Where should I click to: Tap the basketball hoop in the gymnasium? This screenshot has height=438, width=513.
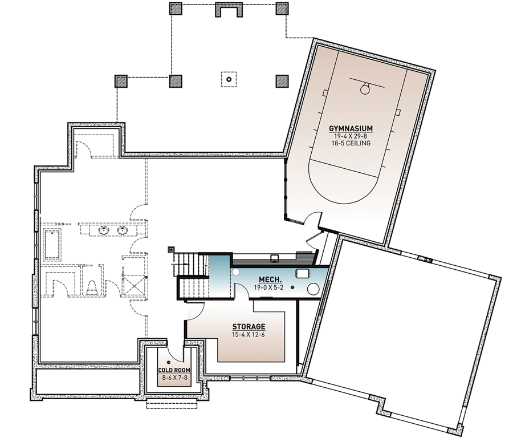[x=365, y=88]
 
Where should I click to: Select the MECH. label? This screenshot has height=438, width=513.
[x=268, y=280]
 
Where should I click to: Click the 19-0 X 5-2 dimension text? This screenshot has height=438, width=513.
[x=268, y=288]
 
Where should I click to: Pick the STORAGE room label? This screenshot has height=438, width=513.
[x=248, y=327]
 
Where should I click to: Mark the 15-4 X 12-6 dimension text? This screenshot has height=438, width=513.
[x=248, y=335]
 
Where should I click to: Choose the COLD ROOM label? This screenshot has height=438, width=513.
[x=174, y=371]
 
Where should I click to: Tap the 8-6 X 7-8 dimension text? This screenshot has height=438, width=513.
[x=174, y=378]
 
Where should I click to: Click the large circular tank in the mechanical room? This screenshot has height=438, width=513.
[x=313, y=289]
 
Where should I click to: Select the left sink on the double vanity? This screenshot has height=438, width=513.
[x=104, y=231]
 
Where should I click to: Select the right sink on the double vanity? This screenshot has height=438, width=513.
[x=123, y=231]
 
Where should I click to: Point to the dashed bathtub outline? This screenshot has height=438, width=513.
[x=52, y=244]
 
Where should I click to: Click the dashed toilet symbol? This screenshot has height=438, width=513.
[x=91, y=286]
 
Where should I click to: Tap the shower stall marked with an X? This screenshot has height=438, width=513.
[x=135, y=283]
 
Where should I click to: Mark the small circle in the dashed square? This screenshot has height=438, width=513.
[x=229, y=79]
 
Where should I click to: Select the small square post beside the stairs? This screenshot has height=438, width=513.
[x=170, y=249]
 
